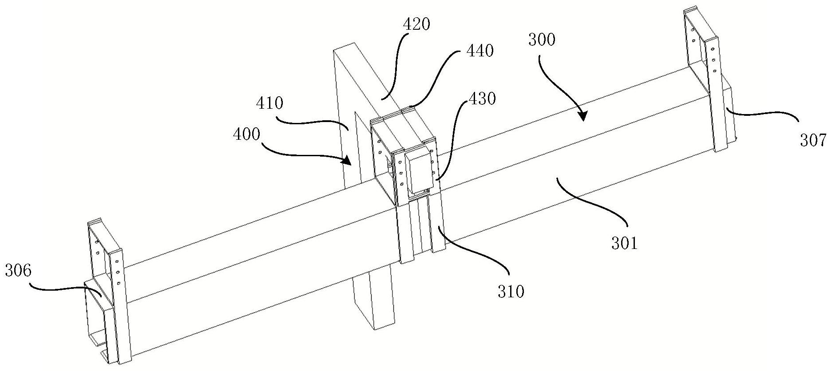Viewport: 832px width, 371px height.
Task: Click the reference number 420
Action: click(416, 24)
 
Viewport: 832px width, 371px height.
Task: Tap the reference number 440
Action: click(479, 51)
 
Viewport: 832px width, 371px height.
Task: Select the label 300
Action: click(542, 40)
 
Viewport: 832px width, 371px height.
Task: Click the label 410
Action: click(269, 103)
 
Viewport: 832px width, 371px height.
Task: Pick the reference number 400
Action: click(247, 134)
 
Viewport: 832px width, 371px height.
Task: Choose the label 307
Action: click(813, 141)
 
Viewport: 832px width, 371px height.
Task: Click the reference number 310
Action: click(511, 292)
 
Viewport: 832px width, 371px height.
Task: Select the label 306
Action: click(18, 271)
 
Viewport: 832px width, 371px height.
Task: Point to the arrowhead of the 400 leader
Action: click(349, 160)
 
